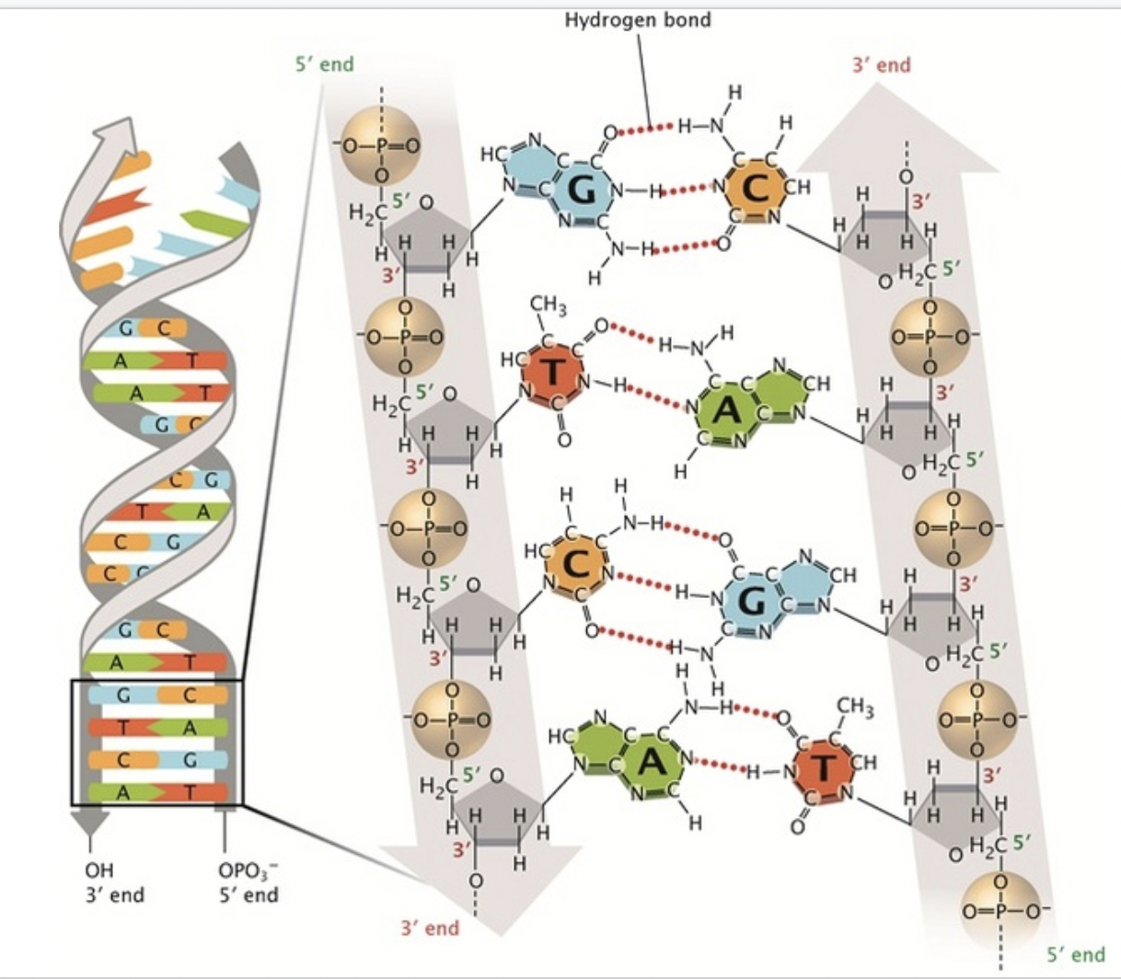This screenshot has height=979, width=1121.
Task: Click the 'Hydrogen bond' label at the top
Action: tap(638, 20)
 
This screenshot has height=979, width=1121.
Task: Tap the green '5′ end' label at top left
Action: tap(325, 64)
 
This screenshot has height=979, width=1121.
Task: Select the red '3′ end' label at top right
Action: tap(882, 65)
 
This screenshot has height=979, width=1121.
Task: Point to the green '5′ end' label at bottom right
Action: tap(1076, 954)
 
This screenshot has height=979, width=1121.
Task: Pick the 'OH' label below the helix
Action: tap(99, 870)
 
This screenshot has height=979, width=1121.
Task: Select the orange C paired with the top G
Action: tap(756, 189)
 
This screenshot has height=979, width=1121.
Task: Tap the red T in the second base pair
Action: tap(552, 372)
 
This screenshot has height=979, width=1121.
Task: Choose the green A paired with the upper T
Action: tap(726, 410)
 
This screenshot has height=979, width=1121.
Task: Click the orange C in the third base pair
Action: tap(576, 564)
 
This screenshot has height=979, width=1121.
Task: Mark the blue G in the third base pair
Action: tap(751, 601)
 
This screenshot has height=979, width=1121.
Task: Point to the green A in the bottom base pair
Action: tap(651, 762)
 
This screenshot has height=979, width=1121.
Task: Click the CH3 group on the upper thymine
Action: tap(549, 305)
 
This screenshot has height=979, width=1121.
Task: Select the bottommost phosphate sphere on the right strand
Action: tap(1000, 912)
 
